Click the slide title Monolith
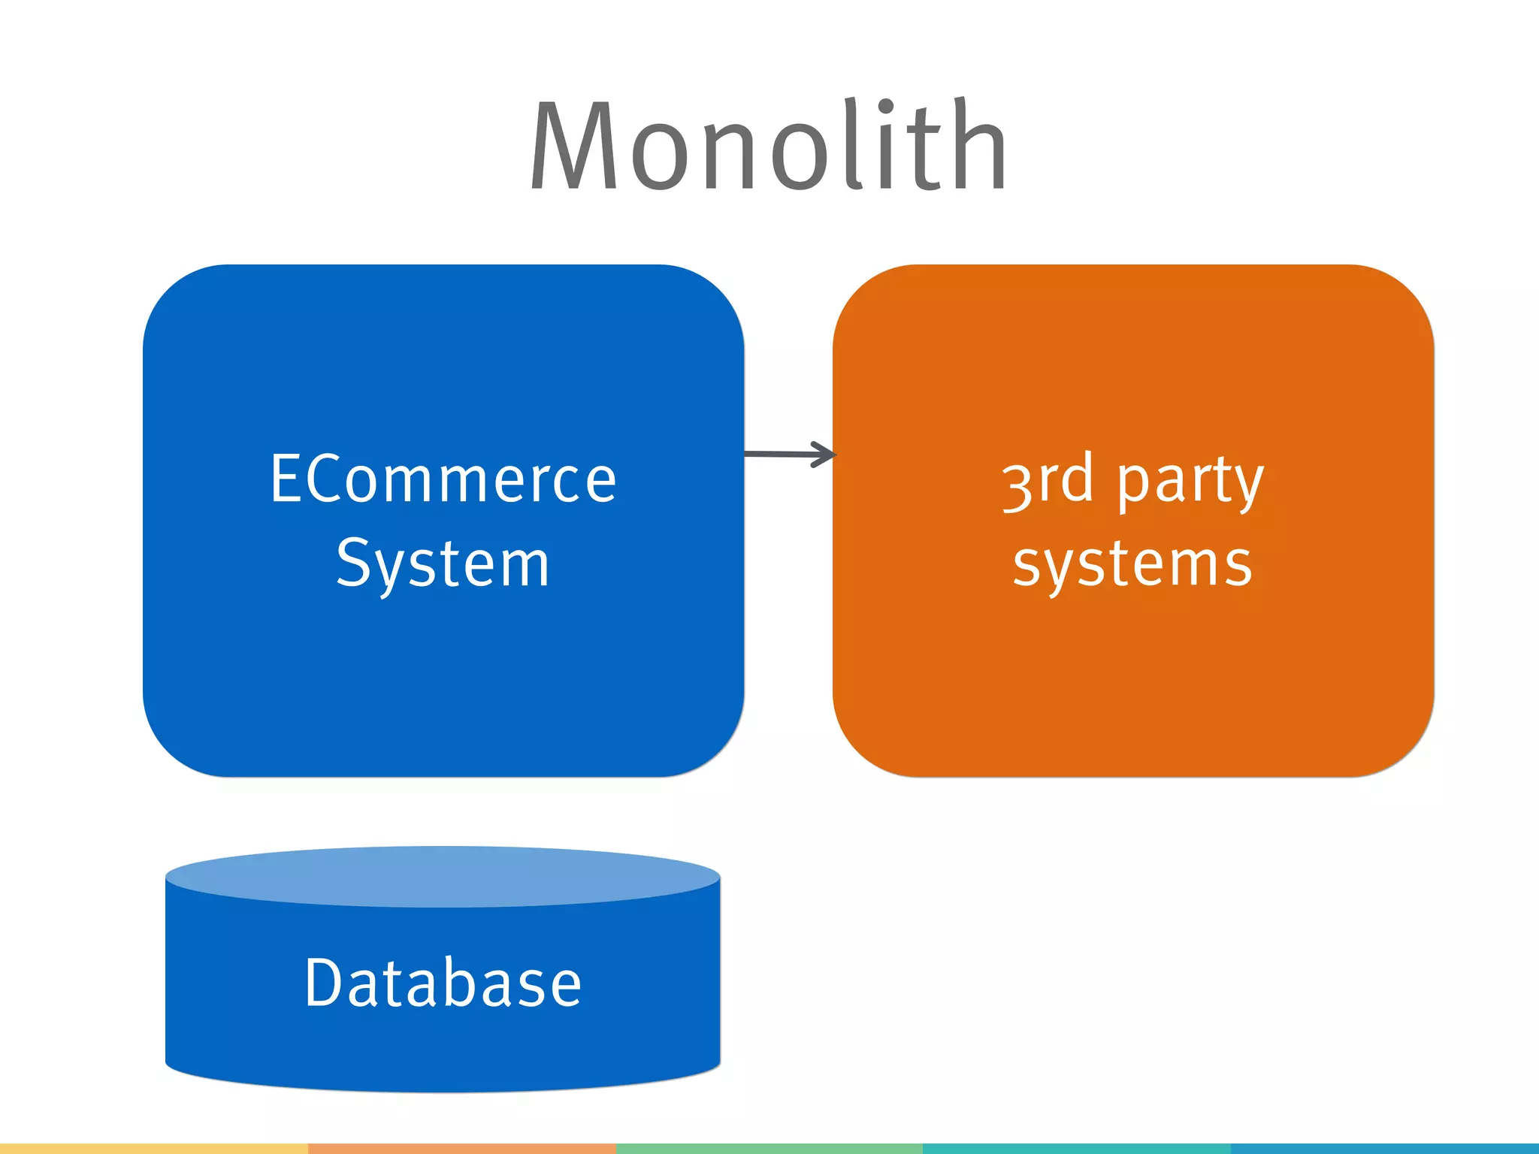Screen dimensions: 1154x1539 [x=768, y=147]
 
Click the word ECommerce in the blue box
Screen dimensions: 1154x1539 [x=443, y=479]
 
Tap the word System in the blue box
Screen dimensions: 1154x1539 [x=443, y=563]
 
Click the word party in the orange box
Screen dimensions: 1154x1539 [x=1190, y=482]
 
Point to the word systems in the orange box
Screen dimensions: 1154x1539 [x=1132, y=565]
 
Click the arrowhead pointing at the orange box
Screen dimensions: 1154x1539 [x=827, y=454]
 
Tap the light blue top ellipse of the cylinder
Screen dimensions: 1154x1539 [x=443, y=876]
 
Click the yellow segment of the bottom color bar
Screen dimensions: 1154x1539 [x=153, y=1149]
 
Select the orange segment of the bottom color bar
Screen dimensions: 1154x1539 [x=461, y=1149]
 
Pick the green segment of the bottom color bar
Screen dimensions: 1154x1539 [x=769, y=1149]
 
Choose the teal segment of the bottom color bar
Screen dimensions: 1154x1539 [x=1076, y=1149]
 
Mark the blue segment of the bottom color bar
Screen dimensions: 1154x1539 [x=1384, y=1149]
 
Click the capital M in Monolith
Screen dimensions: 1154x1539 [x=573, y=147]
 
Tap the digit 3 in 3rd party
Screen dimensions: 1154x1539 [x=1017, y=487]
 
